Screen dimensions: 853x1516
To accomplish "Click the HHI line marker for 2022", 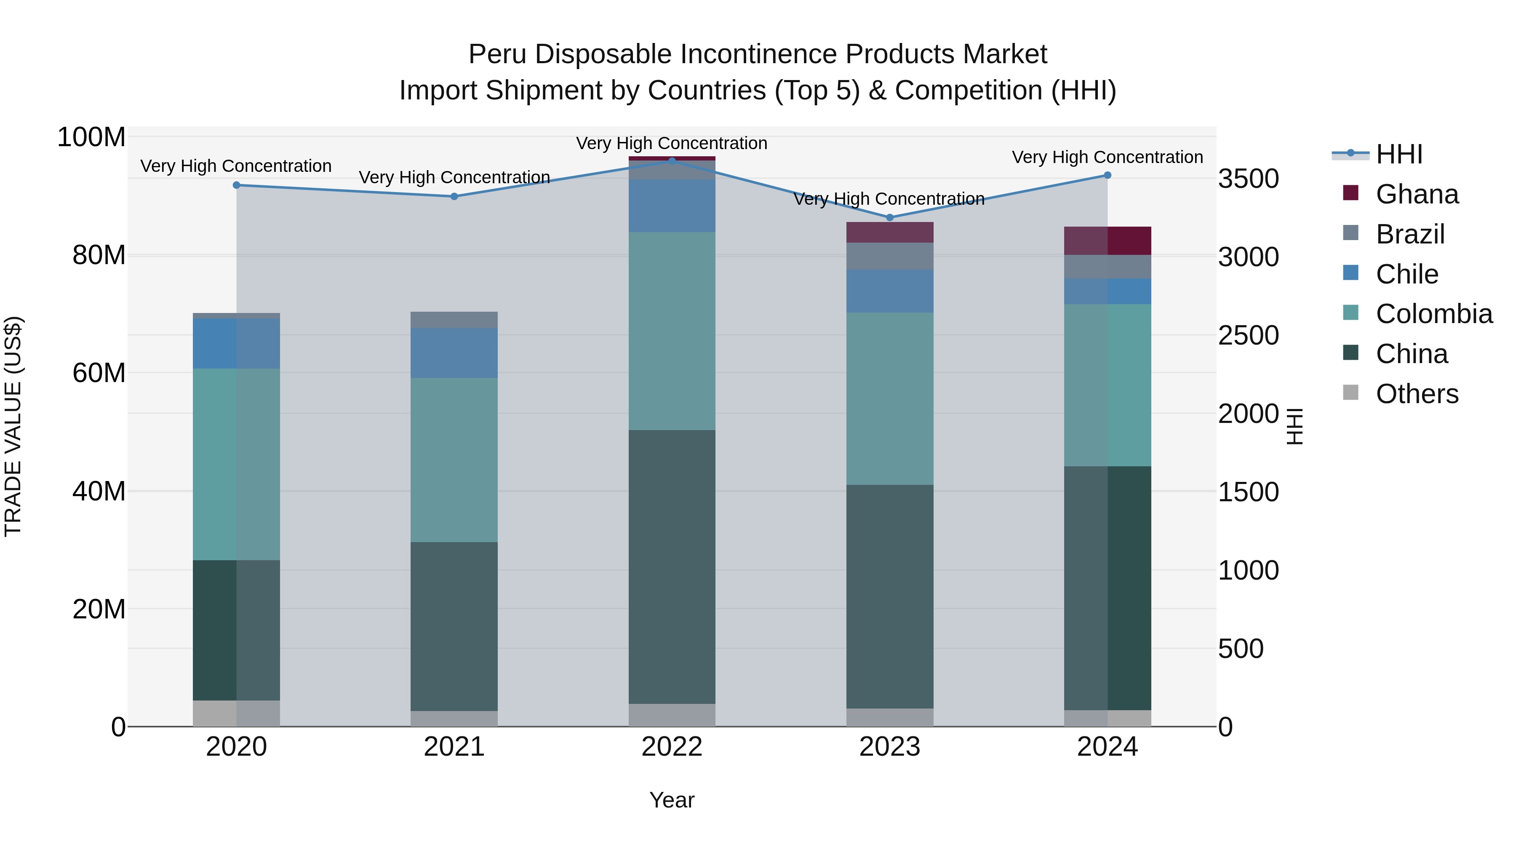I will click(x=672, y=161).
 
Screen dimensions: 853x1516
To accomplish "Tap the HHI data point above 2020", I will click(x=237, y=185).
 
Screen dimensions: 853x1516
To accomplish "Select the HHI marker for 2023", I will click(x=890, y=217).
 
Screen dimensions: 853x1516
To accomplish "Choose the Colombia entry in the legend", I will click(x=1433, y=314).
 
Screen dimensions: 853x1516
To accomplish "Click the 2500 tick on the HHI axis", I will click(x=1248, y=336).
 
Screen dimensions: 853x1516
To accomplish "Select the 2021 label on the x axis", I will click(x=454, y=747).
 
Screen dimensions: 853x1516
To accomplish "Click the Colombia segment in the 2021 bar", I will click(x=454, y=459).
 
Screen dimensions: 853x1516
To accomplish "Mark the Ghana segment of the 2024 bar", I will click(x=1108, y=240).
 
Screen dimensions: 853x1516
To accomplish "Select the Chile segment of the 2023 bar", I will click(x=890, y=291).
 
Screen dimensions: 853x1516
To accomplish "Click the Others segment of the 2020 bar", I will click(x=237, y=713).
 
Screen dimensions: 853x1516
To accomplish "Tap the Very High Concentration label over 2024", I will click(x=1108, y=157).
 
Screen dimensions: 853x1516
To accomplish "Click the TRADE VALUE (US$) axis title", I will click(x=13, y=426).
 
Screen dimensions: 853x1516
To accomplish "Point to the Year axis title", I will click(x=672, y=800).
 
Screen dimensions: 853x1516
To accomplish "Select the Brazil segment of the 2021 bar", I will click(x=454, y=320).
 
